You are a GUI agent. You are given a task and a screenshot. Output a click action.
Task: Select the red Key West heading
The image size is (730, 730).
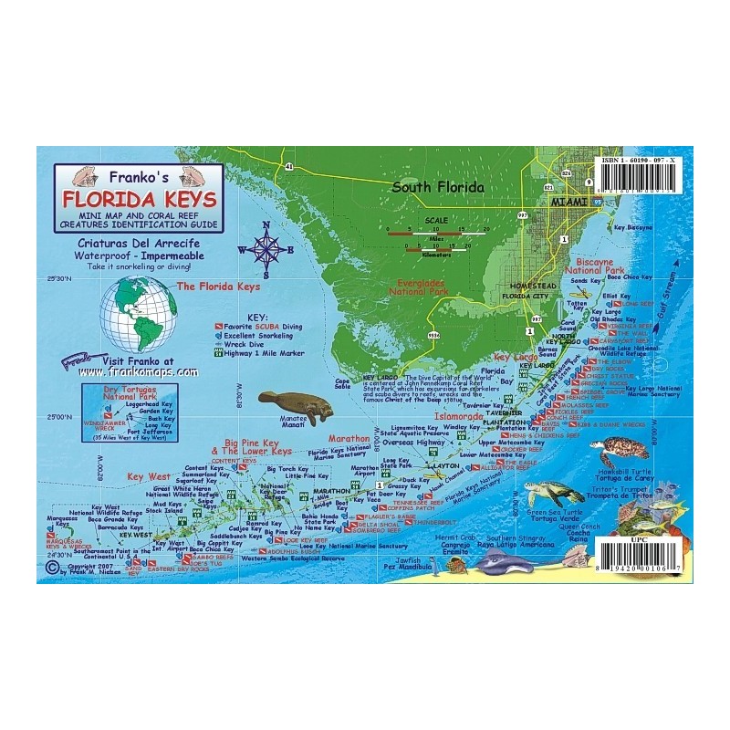point(149,477)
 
